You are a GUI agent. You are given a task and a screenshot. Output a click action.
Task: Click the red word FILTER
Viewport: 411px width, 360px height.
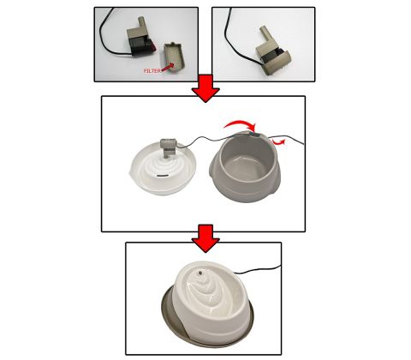point(152,71)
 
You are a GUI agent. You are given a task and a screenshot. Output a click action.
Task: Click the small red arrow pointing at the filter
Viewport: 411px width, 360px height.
point(169,67)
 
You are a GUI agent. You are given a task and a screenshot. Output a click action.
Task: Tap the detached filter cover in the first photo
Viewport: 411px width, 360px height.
point(175,59)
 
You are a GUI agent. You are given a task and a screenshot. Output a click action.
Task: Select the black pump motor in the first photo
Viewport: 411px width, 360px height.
point(141,46)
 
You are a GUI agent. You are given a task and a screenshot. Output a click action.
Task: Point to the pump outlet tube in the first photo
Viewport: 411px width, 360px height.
point(141,23)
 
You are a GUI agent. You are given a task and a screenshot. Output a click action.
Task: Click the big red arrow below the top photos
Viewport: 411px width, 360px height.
point(205,88)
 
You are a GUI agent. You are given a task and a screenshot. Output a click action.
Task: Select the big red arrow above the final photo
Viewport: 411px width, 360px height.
point(205,238)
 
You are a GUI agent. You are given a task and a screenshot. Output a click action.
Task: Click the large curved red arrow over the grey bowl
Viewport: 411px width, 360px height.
point(241,123)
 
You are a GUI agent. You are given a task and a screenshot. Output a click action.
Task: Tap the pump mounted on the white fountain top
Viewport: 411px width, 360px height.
point(168,147)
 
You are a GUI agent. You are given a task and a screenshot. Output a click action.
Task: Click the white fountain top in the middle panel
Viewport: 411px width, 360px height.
point(164,169)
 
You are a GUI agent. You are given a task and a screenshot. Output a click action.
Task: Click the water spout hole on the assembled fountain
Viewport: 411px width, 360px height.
point(200,273)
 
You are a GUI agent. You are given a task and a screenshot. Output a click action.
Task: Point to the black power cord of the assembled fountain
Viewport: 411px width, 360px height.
point(257,269)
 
